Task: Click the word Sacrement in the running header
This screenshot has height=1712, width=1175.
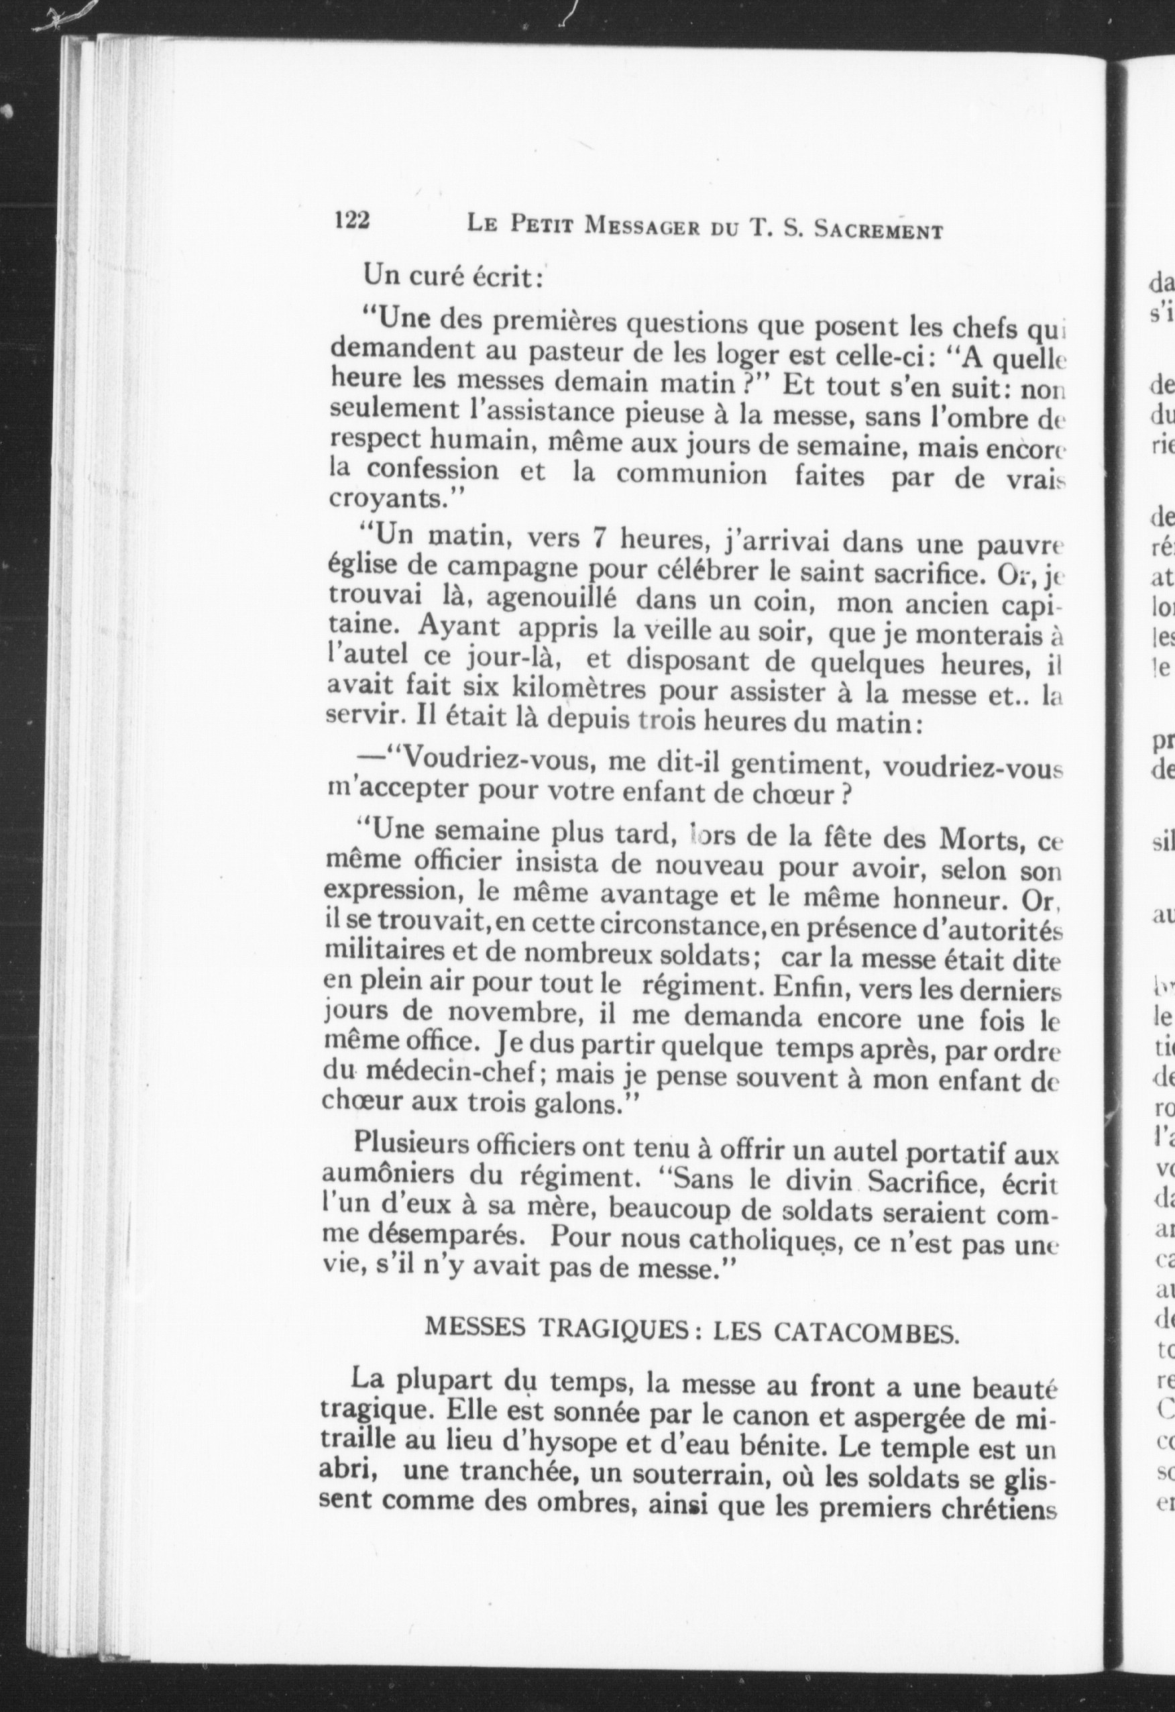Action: tap(878, 230)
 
